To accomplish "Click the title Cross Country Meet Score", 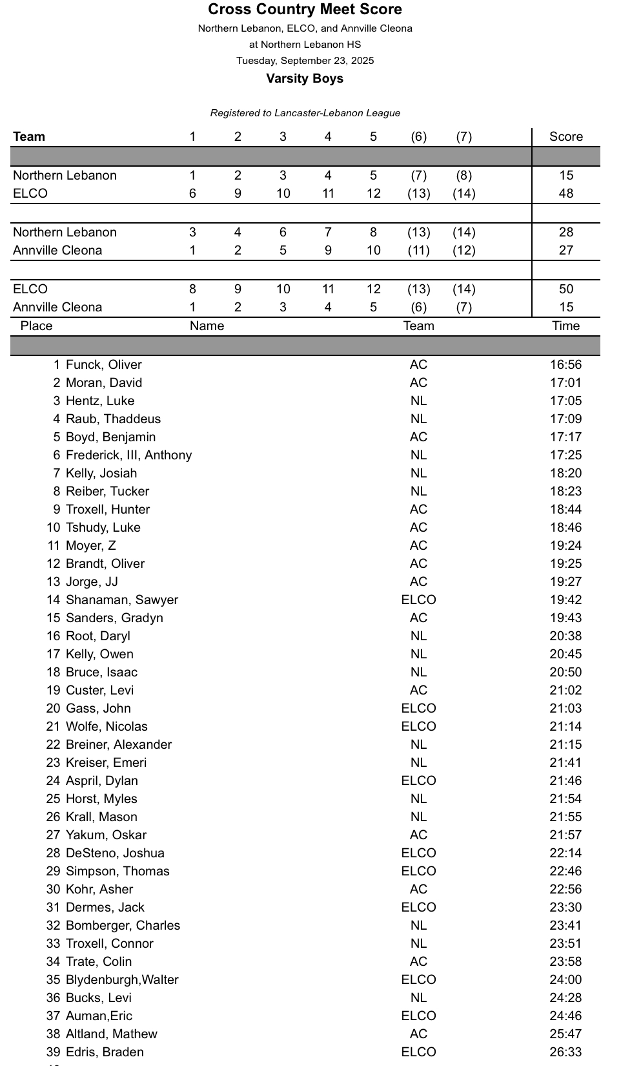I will tap(305, 10).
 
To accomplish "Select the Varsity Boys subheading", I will tap(305, 79).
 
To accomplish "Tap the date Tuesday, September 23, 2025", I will tap(305, 61).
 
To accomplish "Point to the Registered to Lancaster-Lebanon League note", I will tap(305, 113).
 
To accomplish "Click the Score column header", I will tap(565, 136).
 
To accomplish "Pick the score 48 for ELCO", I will tap(565, 193).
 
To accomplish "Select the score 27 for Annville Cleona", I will tap(565, 250).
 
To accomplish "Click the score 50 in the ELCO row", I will tap(565, 289).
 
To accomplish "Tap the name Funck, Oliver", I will tap(103, 364).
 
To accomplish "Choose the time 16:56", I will tap(565, 364).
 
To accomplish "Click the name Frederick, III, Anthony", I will tap(128, 455).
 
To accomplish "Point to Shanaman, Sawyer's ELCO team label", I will tap(418, 600).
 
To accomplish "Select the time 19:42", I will tap(565, 600).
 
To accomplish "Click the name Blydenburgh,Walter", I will tap(122, 979).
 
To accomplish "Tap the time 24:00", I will tap(565, 979).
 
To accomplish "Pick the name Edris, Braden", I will tap(105, 1052).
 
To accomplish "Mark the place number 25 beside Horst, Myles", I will tap(53, 799).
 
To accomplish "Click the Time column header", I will tap(565, 326).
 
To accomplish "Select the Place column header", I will tap(36, 326).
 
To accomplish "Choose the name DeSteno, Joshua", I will tap(115, 853).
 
